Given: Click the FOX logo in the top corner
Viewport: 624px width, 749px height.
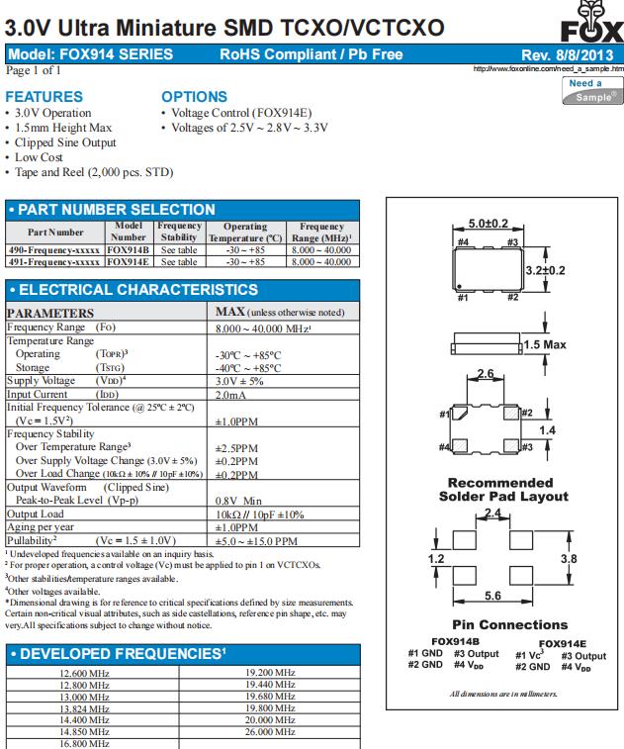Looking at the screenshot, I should (595, 22).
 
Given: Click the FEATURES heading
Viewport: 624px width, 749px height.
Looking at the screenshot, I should (44, 97).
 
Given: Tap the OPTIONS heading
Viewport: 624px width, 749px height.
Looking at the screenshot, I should (194, 97).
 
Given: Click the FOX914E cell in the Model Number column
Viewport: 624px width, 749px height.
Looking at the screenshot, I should (129, 262).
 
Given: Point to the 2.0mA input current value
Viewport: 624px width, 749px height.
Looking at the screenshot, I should (232, 395).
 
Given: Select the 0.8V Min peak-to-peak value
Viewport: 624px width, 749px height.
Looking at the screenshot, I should (238, 501).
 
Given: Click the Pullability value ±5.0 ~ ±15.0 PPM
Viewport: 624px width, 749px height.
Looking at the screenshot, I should (256, 541).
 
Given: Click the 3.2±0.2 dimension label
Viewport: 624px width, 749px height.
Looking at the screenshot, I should (543, 269).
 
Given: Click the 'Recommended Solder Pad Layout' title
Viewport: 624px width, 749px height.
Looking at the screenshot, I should (495, 489).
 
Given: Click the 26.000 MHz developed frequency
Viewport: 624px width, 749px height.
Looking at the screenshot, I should (269, 732).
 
